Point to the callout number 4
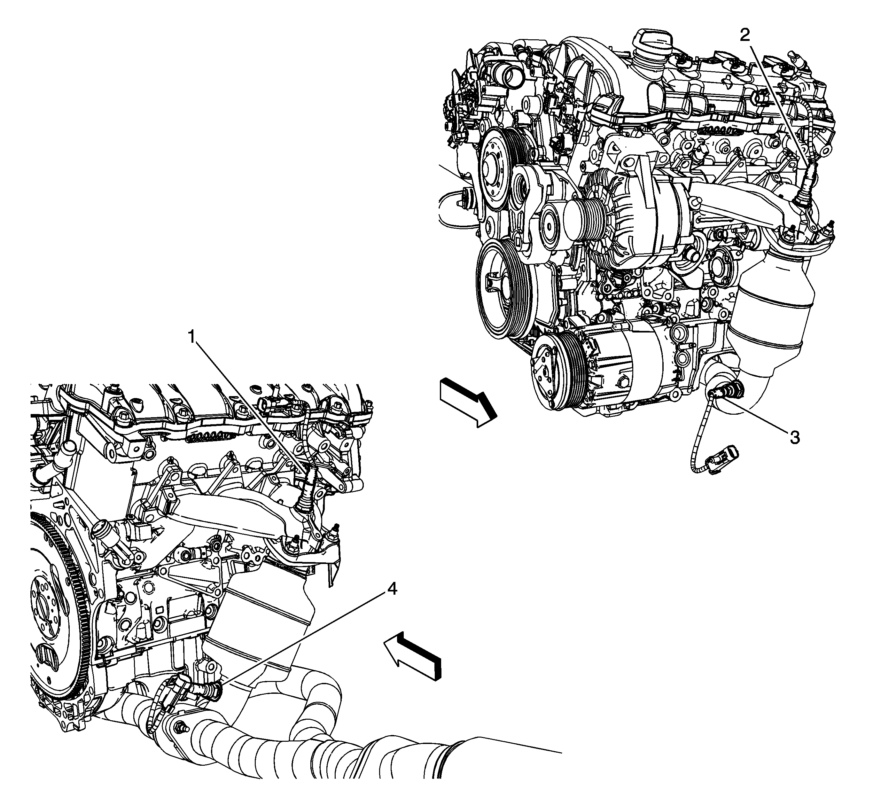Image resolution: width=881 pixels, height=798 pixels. click(x=392, y=590)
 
